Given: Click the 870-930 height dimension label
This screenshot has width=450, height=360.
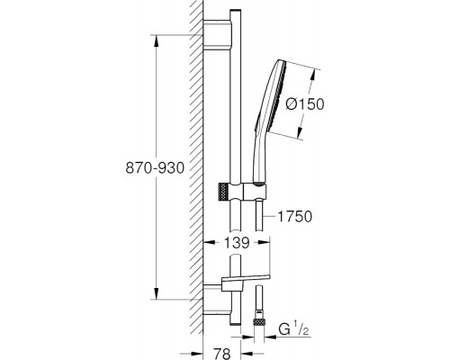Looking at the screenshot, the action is coord(155,168).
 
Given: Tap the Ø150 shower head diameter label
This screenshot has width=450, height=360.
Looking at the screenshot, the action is coord(305,104).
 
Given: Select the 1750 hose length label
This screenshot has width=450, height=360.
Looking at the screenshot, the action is coord(294,216).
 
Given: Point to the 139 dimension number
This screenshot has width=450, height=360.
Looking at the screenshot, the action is coord(237,242).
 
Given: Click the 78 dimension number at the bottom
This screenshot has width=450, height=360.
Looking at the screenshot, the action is coord(222,353).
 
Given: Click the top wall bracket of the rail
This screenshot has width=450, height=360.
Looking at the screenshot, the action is coord(218,33).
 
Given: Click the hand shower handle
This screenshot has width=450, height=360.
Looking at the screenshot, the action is coord(260,156).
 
